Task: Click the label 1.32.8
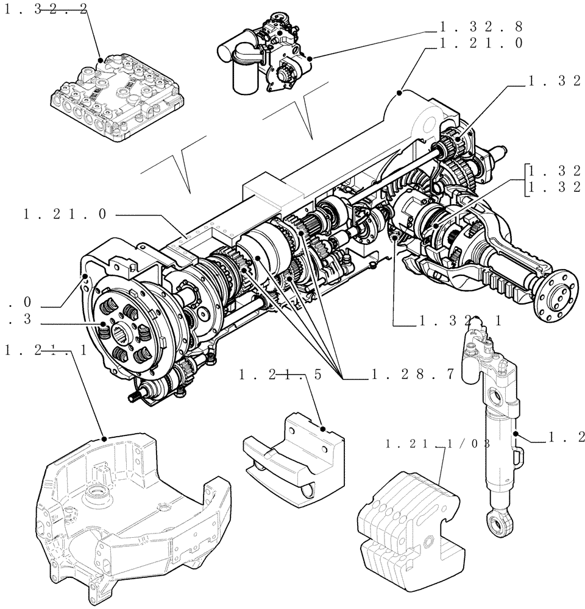click(481, 27)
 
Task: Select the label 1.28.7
click(413, 375)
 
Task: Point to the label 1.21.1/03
click(438, 444)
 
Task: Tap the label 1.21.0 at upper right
click(481, 43)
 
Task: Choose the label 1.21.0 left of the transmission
click(65, 214)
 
